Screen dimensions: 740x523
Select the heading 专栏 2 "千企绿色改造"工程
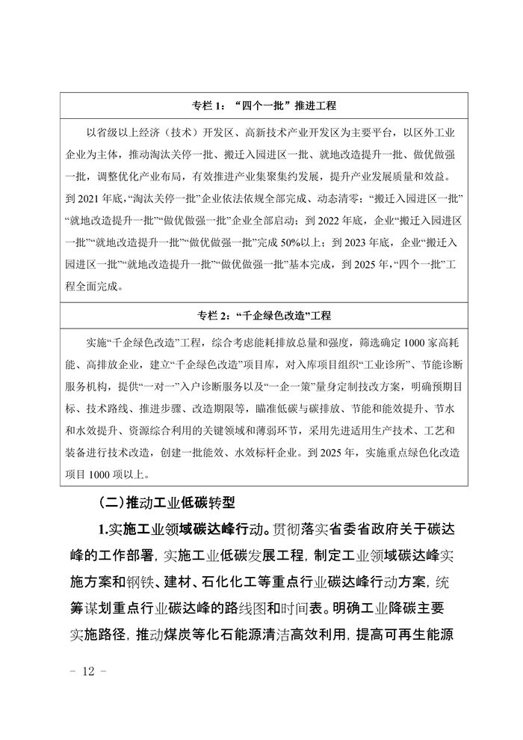pyautogui.click(x=261, y=317)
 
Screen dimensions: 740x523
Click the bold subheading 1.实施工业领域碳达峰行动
pyautogui.click(x=184, y=530)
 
